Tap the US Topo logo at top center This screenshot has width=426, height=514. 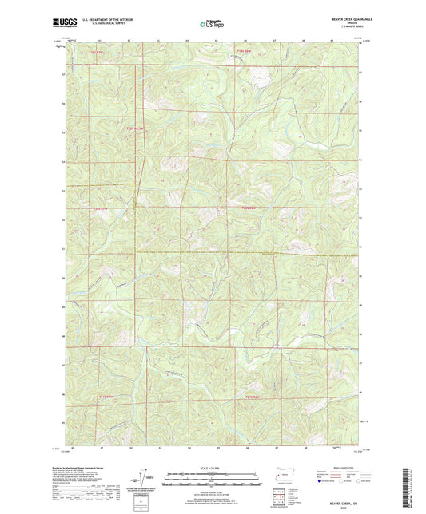click(x=211, y=24)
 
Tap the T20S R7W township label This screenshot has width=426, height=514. click(x=100, y=208)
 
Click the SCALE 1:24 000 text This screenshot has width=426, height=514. click(x=212, y=467)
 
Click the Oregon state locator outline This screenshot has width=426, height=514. click(x=281, y=472)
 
